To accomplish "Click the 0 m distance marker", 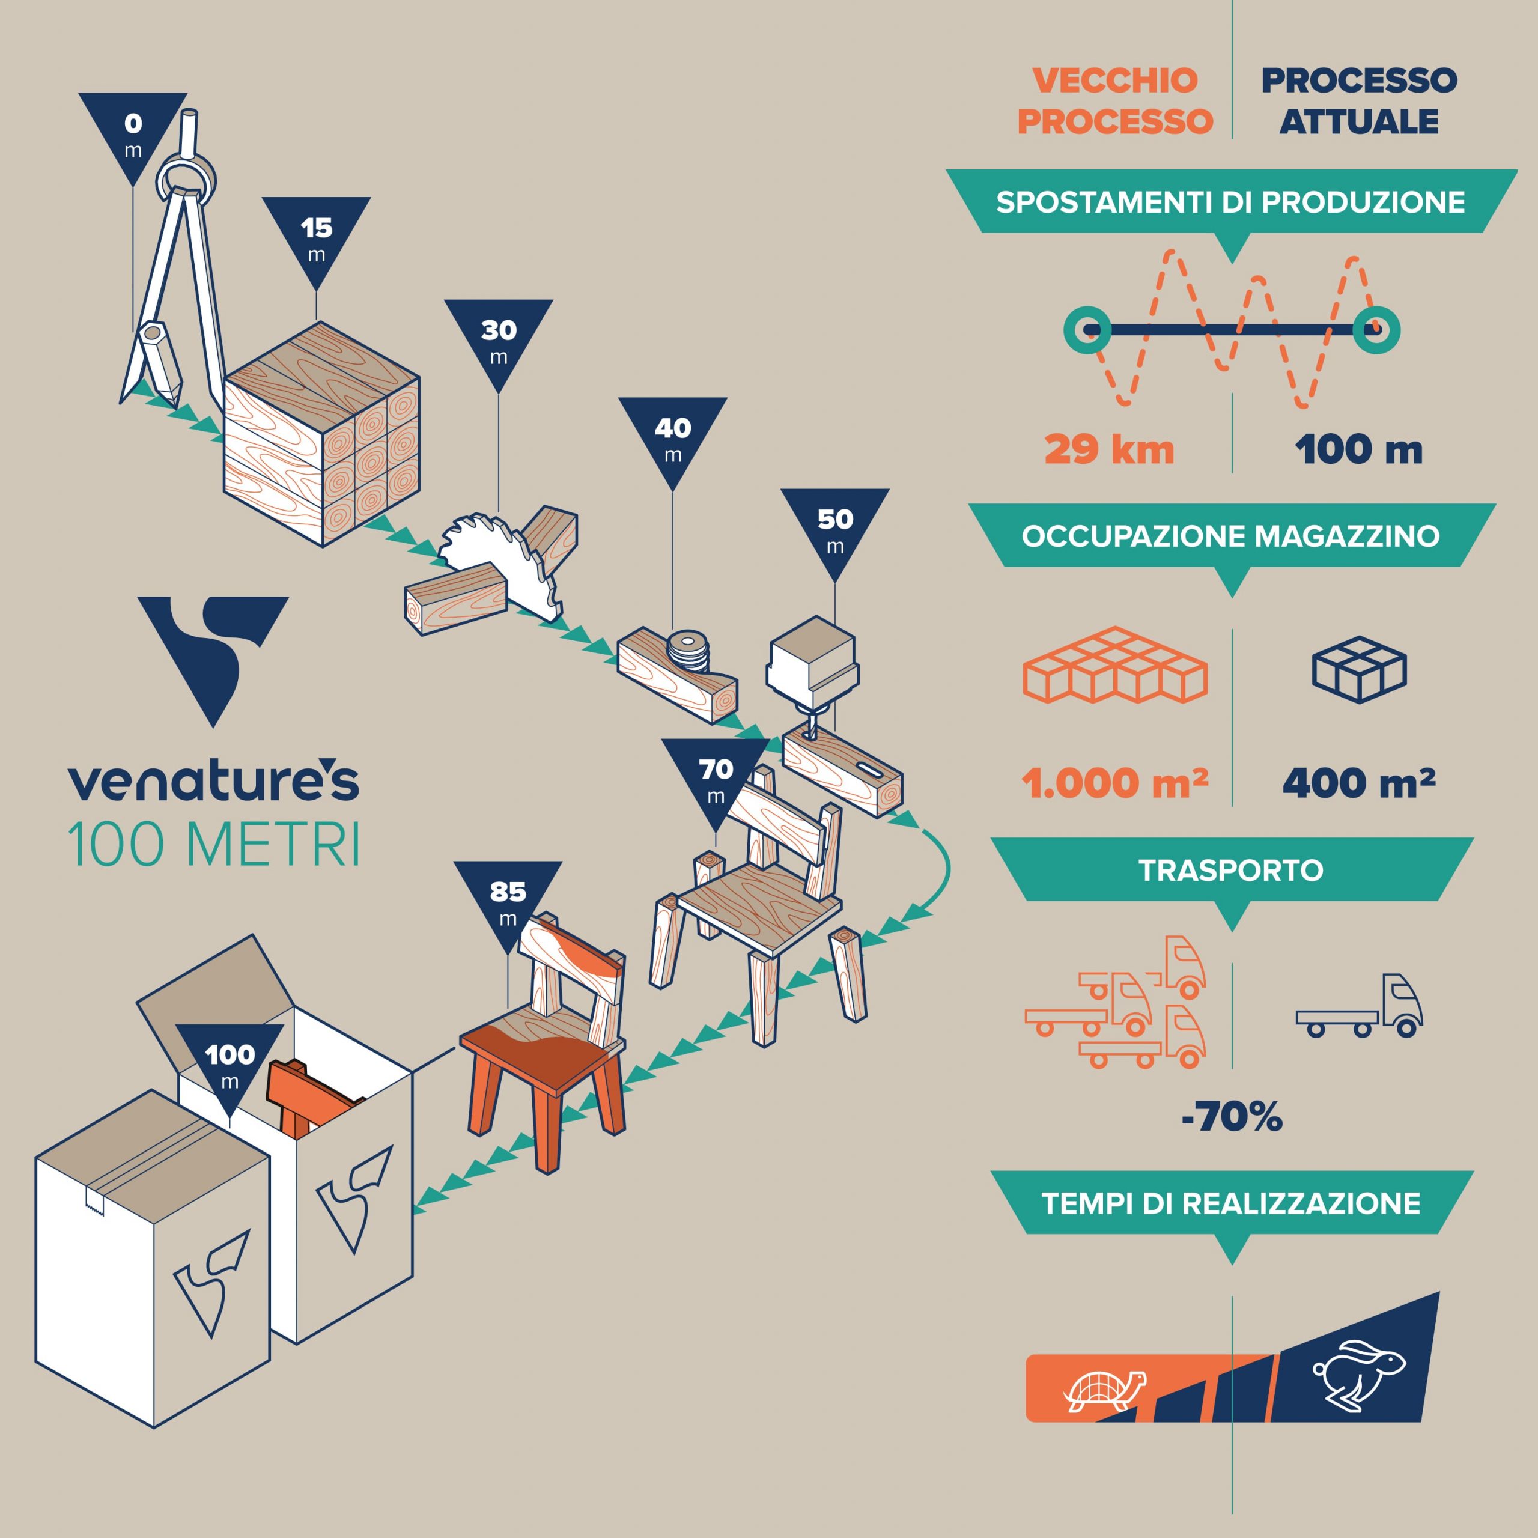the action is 133,135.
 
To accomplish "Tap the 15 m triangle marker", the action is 316,239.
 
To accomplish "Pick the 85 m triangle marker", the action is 508,904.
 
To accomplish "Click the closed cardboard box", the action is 153,1258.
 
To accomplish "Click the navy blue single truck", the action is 1360,1006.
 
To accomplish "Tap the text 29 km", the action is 1109,450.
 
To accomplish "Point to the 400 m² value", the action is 1359,783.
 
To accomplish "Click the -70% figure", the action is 1232,1117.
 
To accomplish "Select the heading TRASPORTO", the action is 1231,870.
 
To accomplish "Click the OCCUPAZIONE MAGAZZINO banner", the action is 1231,536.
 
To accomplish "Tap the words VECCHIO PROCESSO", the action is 1115,101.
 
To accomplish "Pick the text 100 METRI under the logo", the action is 214,845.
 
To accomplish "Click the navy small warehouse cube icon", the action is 1360,669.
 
